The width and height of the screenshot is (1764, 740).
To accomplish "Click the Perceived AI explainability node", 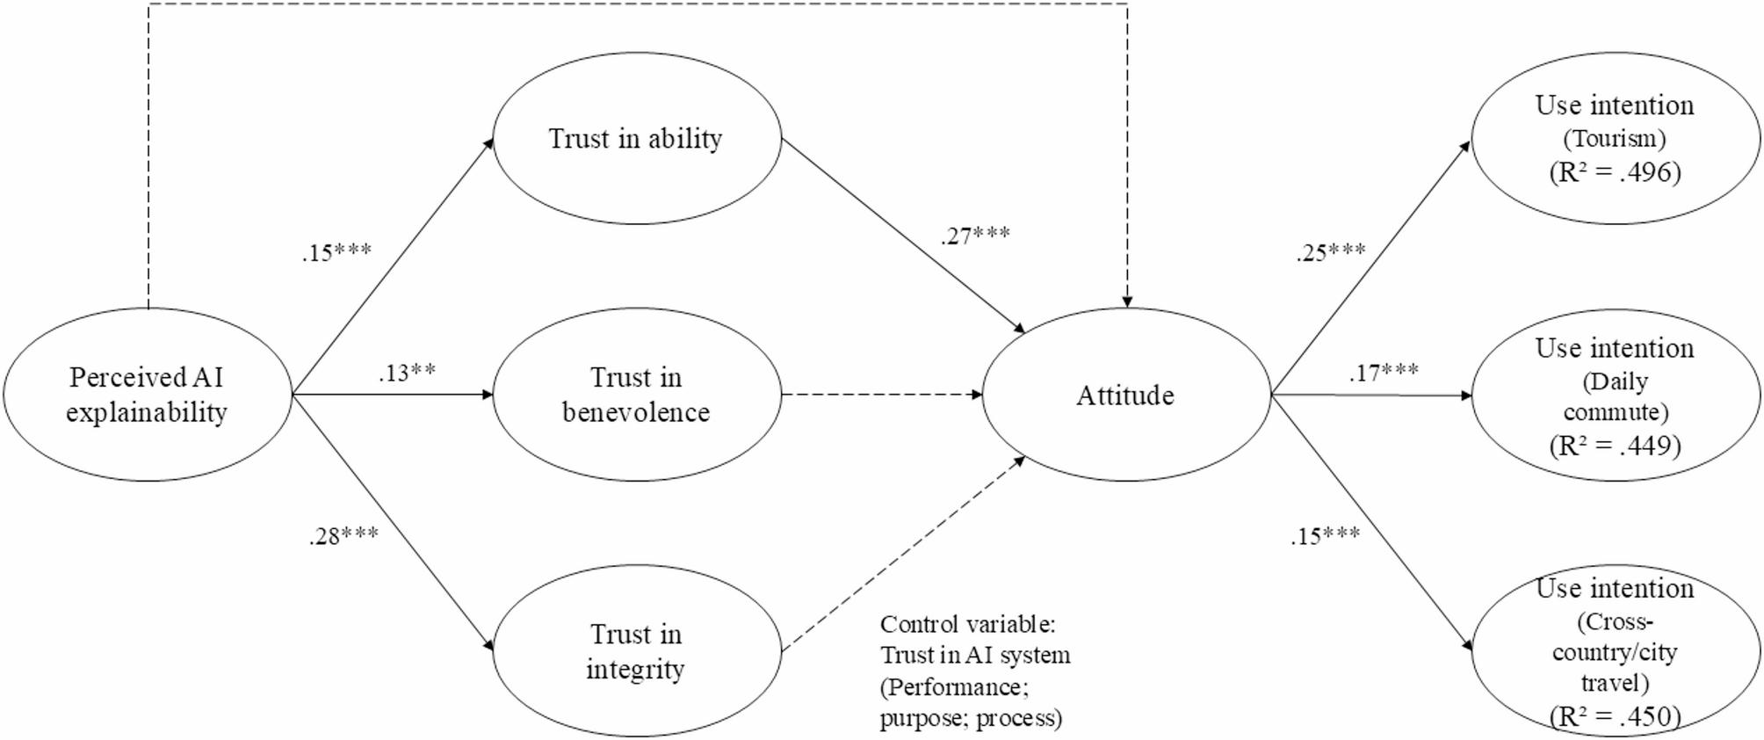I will tap(147, 395).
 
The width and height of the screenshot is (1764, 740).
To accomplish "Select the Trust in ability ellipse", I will tap(636, 139).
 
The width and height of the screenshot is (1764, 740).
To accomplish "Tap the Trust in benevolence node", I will tap(636, 395).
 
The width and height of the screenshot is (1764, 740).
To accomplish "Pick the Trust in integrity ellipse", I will tap(636, 650).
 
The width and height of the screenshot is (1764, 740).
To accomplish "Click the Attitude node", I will tap(1125, 395).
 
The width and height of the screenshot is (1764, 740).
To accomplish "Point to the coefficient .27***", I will tap(975, 236).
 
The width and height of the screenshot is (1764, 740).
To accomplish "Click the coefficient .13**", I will tap(407, 373).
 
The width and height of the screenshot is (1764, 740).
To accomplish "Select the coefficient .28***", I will tap(343, 536).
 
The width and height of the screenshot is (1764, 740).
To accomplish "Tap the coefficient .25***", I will tap(1331, 253).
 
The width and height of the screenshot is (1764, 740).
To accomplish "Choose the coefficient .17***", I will tap(1384, 373).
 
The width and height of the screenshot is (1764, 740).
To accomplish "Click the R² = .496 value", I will tap(1615, 172).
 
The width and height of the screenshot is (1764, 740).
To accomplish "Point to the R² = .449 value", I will tap(1615, 446).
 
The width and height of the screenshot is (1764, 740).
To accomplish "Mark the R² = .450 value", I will tap(1615, 716).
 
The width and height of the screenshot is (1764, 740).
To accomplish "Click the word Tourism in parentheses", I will tap(1615, 139).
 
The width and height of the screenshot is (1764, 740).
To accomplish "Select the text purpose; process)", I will tap(971, 718).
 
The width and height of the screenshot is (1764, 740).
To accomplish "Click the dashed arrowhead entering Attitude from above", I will tap(1127, 301).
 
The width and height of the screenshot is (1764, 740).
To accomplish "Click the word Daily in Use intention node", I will tap(1615, 381).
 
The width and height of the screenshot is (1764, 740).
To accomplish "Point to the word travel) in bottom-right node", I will tap(1615, 683).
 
